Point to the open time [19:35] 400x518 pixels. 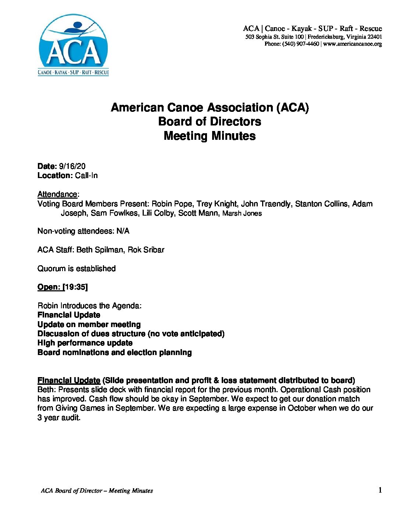(76, 287)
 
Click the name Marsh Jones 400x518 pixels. (242, 213)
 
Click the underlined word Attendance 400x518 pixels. (57, 194)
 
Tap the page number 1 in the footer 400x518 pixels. (380, 490)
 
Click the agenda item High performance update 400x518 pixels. (85, 343)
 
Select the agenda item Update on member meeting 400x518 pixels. (89, 324)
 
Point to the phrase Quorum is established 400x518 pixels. (76, 269)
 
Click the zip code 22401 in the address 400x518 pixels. (375, 37)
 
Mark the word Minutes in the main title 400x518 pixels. (233, 136)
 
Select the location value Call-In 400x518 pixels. (86, 175)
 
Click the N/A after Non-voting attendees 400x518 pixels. (123, 231)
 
